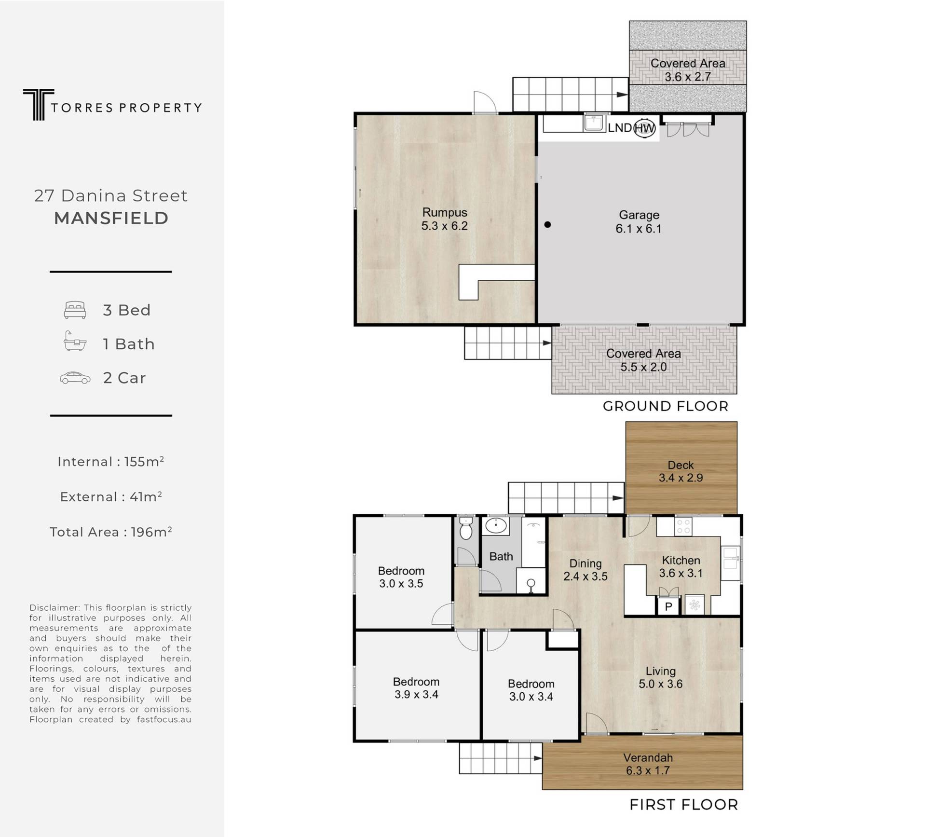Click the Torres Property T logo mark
pos(39,104)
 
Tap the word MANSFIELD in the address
pos(111,218)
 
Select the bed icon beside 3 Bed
pos(75,310)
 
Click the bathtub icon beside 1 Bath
pos(75,341)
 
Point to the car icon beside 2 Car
pos(75,378)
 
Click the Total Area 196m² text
pos(111,532)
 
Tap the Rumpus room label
pos(445,212)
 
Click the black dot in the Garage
pos(547,224)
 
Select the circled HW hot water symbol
pos(644,128)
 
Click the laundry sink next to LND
pos(593,123)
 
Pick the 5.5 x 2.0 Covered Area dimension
pos(643,367)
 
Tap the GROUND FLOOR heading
pos(666,406)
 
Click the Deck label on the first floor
pos(681,465)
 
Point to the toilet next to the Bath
pos(465,528)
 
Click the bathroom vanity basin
pos(496,525)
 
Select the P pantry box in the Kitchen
pos(668,606)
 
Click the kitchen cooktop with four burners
pos(683,526)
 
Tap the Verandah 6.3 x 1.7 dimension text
pos(648,770)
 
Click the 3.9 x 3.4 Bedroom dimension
pos(416,695)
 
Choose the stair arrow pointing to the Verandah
pos(537,758)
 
